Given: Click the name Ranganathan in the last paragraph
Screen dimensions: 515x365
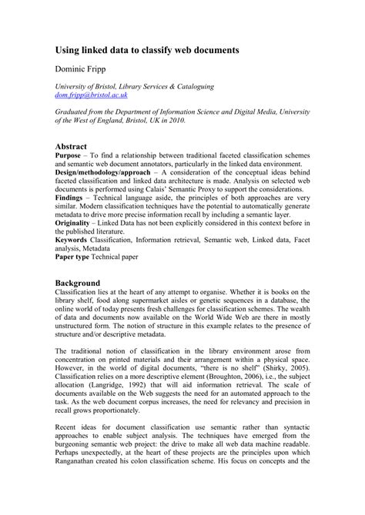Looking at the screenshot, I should (x=89, y=484).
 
